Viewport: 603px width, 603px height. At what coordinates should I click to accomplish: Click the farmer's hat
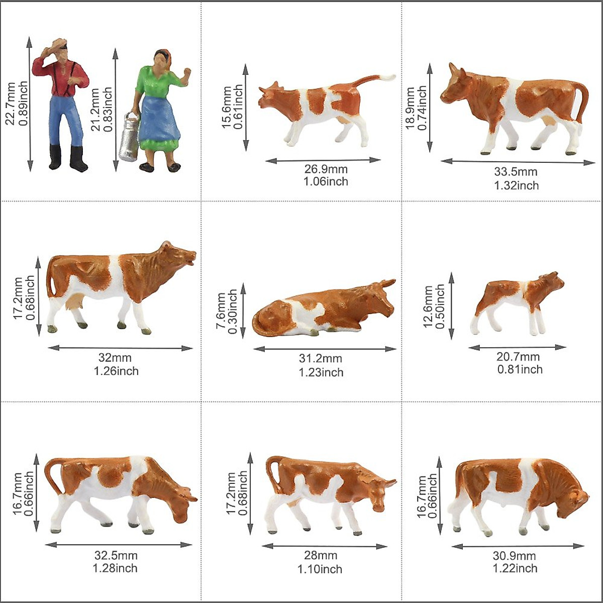59,44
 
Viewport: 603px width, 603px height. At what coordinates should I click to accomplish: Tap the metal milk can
128,137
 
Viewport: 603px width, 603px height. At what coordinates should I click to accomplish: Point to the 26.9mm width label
326,169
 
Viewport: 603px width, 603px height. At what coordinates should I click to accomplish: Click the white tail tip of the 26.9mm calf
388,77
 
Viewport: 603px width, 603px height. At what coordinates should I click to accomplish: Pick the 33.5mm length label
516,172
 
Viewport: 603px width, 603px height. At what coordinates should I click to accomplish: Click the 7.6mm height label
221,312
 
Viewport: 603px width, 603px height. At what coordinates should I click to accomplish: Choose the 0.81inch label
520,370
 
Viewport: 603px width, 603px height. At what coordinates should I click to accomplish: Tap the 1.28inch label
115,568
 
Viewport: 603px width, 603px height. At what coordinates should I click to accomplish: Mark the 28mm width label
321,555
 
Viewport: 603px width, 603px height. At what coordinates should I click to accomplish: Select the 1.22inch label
515,568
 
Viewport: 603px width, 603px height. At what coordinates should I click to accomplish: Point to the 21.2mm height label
95,110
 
